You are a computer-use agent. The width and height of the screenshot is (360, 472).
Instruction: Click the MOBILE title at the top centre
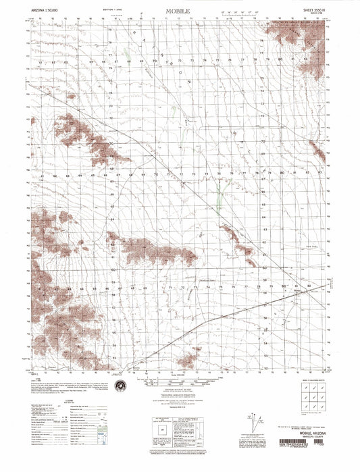coord(180,11)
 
